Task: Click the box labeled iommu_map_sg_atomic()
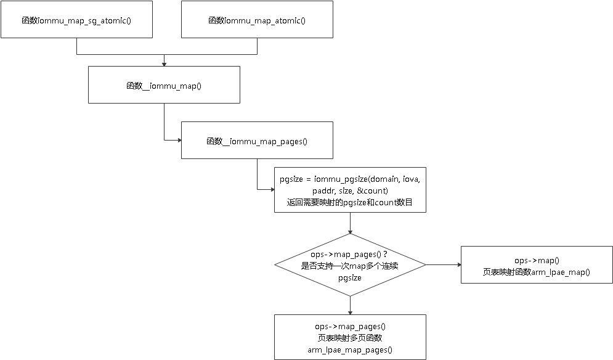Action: pos(76,20)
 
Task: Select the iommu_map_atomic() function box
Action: pos(257,20)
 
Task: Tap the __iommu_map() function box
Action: pos(164,85)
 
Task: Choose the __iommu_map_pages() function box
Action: pos(257,141)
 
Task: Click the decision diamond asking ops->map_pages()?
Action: pos(350,265)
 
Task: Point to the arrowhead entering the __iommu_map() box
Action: pos(164,63)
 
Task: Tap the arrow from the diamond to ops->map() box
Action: pos(443,265)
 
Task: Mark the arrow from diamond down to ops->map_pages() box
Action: pos(350,305)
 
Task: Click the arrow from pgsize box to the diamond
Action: pos(350,223)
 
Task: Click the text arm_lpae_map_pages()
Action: pos(350,350)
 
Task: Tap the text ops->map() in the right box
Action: pos(536,260)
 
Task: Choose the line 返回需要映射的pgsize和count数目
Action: pos(350,202)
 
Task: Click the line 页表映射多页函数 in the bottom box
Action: pos(350,338)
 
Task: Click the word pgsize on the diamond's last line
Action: pos(350,277)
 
